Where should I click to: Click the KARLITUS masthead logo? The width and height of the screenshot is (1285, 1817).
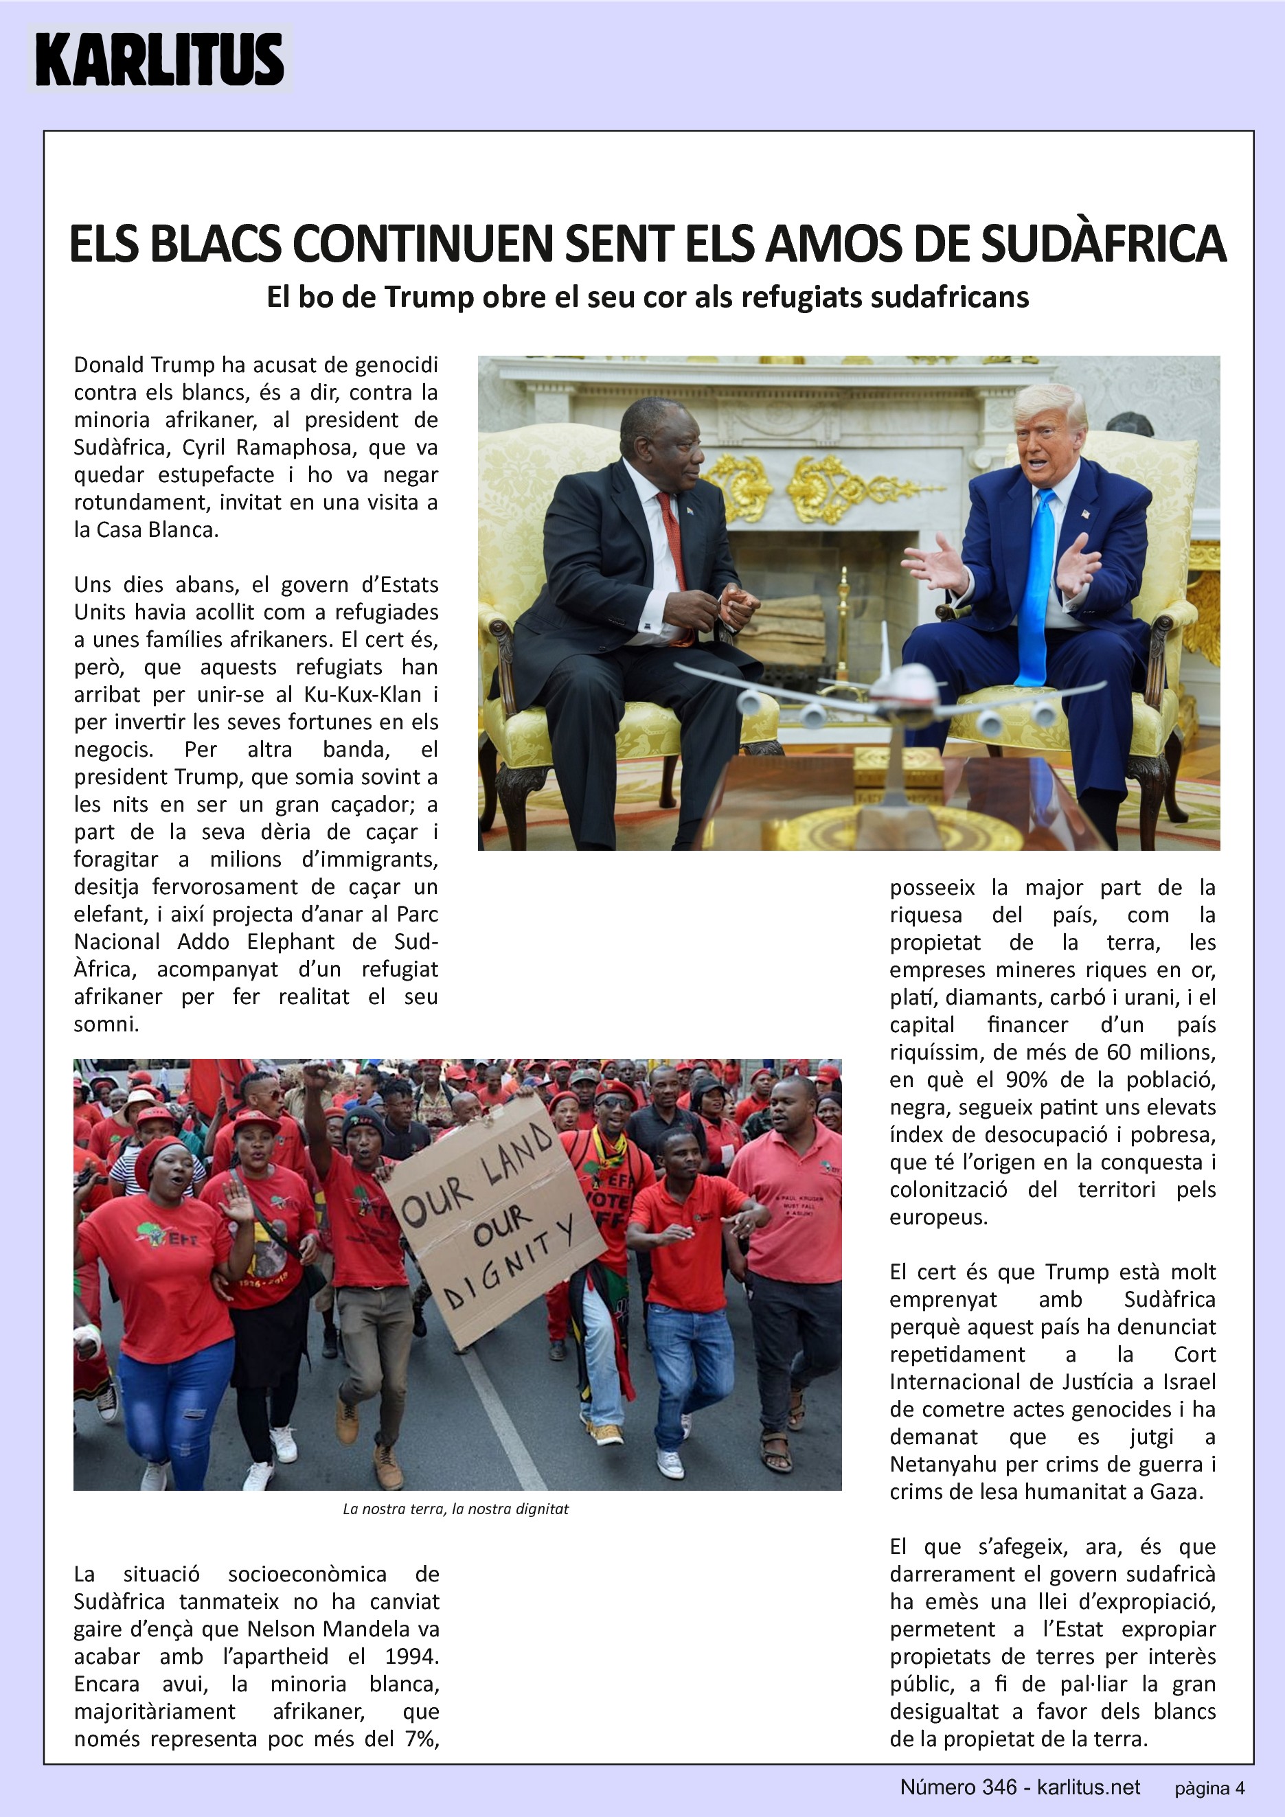pos(159,59)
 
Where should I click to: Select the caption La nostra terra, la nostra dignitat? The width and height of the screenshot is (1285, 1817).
pos(456,1509)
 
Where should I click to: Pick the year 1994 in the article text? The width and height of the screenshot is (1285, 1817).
pos(411,1656)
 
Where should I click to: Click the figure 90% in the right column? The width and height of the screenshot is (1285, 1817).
pos(1028,1079)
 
